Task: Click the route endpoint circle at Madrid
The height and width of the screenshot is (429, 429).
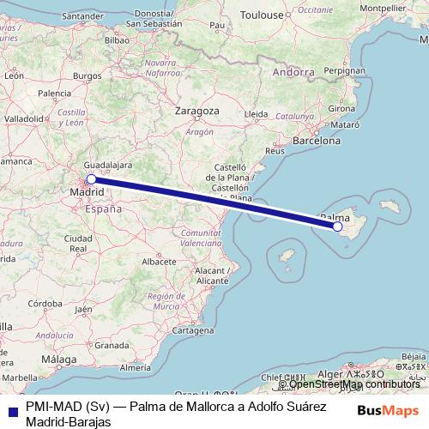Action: coord(91,179)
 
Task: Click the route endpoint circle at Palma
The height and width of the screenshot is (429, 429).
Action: coord(337,227)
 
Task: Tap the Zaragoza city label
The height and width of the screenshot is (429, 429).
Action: coord(198,112)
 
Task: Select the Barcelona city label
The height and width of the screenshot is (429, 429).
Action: coord(317,139)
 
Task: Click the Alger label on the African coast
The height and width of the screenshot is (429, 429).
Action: coord(331,375)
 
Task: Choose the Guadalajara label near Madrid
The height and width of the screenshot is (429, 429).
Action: coord(109,163)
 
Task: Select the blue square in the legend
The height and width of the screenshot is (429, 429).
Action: coord(11,410)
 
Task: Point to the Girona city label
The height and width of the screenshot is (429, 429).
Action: coord(341,109)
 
